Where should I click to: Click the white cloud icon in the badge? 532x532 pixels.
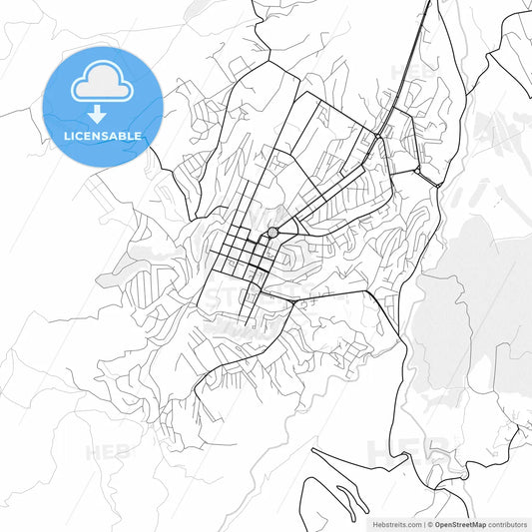point(103,84)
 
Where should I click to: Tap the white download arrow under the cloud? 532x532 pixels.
point(103,114)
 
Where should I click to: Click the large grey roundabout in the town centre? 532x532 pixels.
point(271,233)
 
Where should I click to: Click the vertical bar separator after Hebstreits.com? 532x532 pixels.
point(425,523)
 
